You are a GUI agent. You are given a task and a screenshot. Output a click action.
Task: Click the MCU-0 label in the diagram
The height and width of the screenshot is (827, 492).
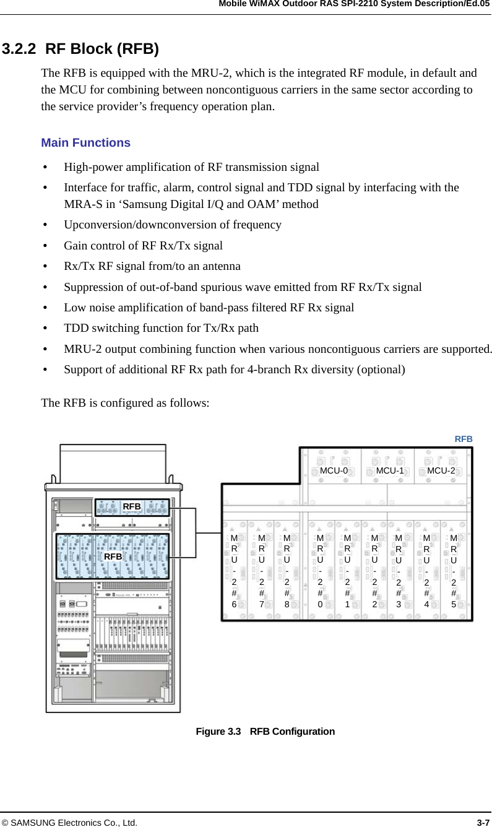pyautogui.click(x=334, y=470)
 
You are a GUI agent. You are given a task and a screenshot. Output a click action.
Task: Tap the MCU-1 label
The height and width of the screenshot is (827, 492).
pyautogui.click(x=390, y=470)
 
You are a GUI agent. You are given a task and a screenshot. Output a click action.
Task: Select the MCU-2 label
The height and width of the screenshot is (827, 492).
pyautogui.click(x=441, y=470)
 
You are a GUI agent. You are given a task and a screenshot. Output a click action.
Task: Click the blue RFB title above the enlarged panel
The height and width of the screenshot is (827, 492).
pyautogui.click(x=464, y=438)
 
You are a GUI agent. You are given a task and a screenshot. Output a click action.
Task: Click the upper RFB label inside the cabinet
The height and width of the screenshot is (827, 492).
pyautogui.click(x=132, y=506)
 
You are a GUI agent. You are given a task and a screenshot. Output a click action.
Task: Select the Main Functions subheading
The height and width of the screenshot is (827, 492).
pyautogui.click(x=85, y=143)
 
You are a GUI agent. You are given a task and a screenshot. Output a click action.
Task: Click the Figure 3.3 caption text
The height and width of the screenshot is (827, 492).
pyautogui.click(x=265, y=731)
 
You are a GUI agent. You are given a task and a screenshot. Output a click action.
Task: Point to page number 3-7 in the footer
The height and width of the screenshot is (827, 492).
pyautogui.click(x=483, y=823)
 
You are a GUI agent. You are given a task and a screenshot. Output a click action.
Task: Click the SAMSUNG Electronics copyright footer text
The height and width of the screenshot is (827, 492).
pyautogui.click(x=69, y=823)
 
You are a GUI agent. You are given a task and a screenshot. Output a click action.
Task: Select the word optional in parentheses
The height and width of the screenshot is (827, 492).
pyautogui.click(x=384, y=370)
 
